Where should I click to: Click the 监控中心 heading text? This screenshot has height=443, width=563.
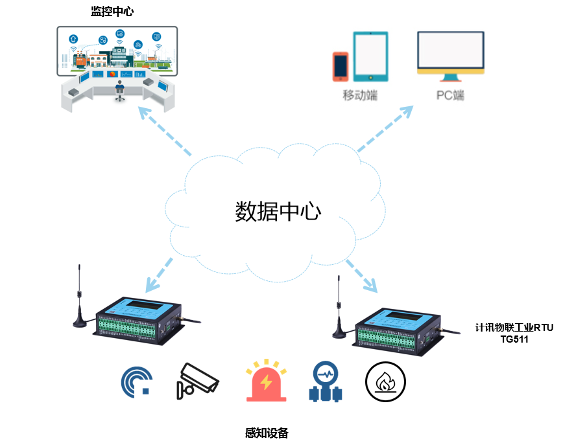(113, 12)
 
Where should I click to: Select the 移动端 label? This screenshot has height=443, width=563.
(361, 96)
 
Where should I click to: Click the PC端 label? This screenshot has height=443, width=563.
(449, 96)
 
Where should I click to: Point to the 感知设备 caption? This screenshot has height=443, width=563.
(267, 433)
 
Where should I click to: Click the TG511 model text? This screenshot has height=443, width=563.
(514, 339)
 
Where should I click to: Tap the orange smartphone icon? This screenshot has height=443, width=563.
(341, 66)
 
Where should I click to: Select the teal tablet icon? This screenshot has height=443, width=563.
(370, 56)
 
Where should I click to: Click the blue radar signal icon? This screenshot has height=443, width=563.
(137, 381)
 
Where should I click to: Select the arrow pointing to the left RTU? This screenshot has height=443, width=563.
(158, 274)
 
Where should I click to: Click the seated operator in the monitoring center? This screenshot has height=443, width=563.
(119, 89)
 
